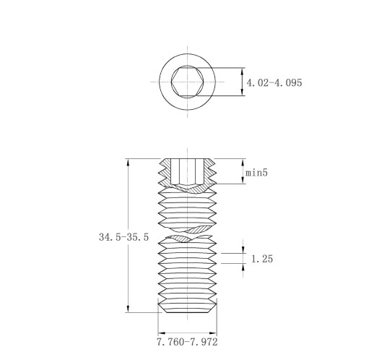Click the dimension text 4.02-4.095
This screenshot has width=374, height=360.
tap(274, 82)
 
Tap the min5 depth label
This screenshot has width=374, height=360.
tap(256, 173)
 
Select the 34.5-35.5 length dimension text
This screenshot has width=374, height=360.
tap(123, 237)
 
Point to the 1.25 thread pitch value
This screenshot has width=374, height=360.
tap(262, 259)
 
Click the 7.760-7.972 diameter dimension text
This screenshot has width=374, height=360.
tap(187, 342)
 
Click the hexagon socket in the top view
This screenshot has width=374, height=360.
tap(188, 82)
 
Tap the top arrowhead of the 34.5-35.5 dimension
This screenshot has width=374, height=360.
tap(128, 162)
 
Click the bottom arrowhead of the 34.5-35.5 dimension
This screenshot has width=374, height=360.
tap(128, 309)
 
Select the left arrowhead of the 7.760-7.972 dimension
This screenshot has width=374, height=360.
tap(162, 333)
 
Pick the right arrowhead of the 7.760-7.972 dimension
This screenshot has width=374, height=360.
tap(213, 333)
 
